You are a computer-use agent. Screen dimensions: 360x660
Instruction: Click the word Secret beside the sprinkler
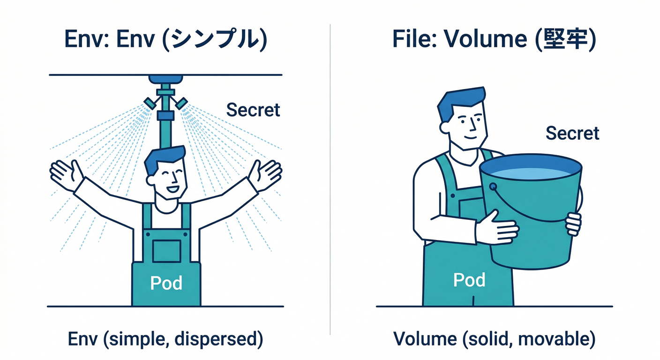253,110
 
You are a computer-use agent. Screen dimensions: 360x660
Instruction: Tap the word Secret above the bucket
572,133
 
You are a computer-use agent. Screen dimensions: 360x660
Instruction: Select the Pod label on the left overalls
166,283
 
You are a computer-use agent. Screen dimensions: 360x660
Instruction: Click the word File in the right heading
410,40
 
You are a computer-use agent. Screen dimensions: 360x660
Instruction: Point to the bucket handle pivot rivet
493,187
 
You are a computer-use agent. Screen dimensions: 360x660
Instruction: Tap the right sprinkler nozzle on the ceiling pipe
180,102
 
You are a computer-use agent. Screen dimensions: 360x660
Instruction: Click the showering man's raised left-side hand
66,174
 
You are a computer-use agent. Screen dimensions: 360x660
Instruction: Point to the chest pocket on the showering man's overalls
166,251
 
